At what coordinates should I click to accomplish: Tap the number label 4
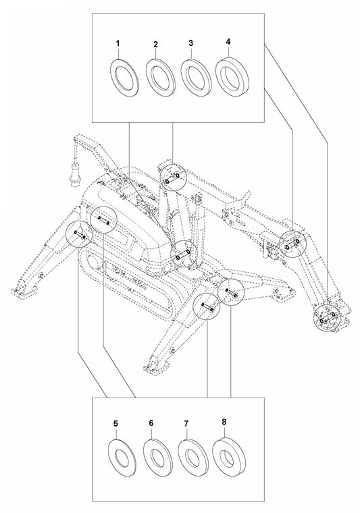click(x=228, y=42)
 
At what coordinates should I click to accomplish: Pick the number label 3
click(x=191, y=43)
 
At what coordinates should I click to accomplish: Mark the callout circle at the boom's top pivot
click(x=171, y=178)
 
